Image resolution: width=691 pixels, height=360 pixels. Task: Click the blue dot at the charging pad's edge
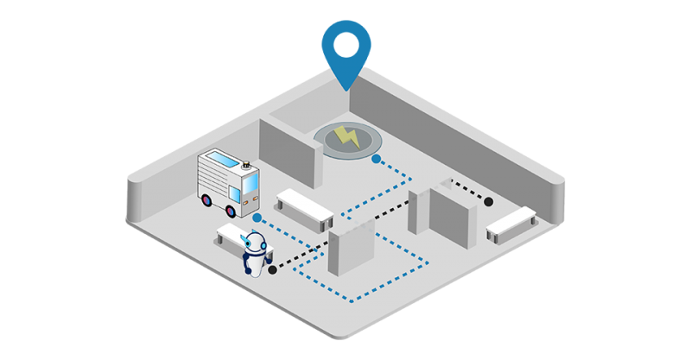click(376, 159)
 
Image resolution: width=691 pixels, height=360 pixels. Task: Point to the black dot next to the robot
click(273, 269)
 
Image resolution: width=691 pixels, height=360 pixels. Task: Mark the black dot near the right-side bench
click(488, 201)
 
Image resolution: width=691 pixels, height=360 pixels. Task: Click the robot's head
click(256, 244)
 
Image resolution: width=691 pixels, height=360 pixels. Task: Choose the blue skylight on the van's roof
click(221, 161)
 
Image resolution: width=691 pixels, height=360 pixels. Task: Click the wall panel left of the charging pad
click(285, 148)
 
